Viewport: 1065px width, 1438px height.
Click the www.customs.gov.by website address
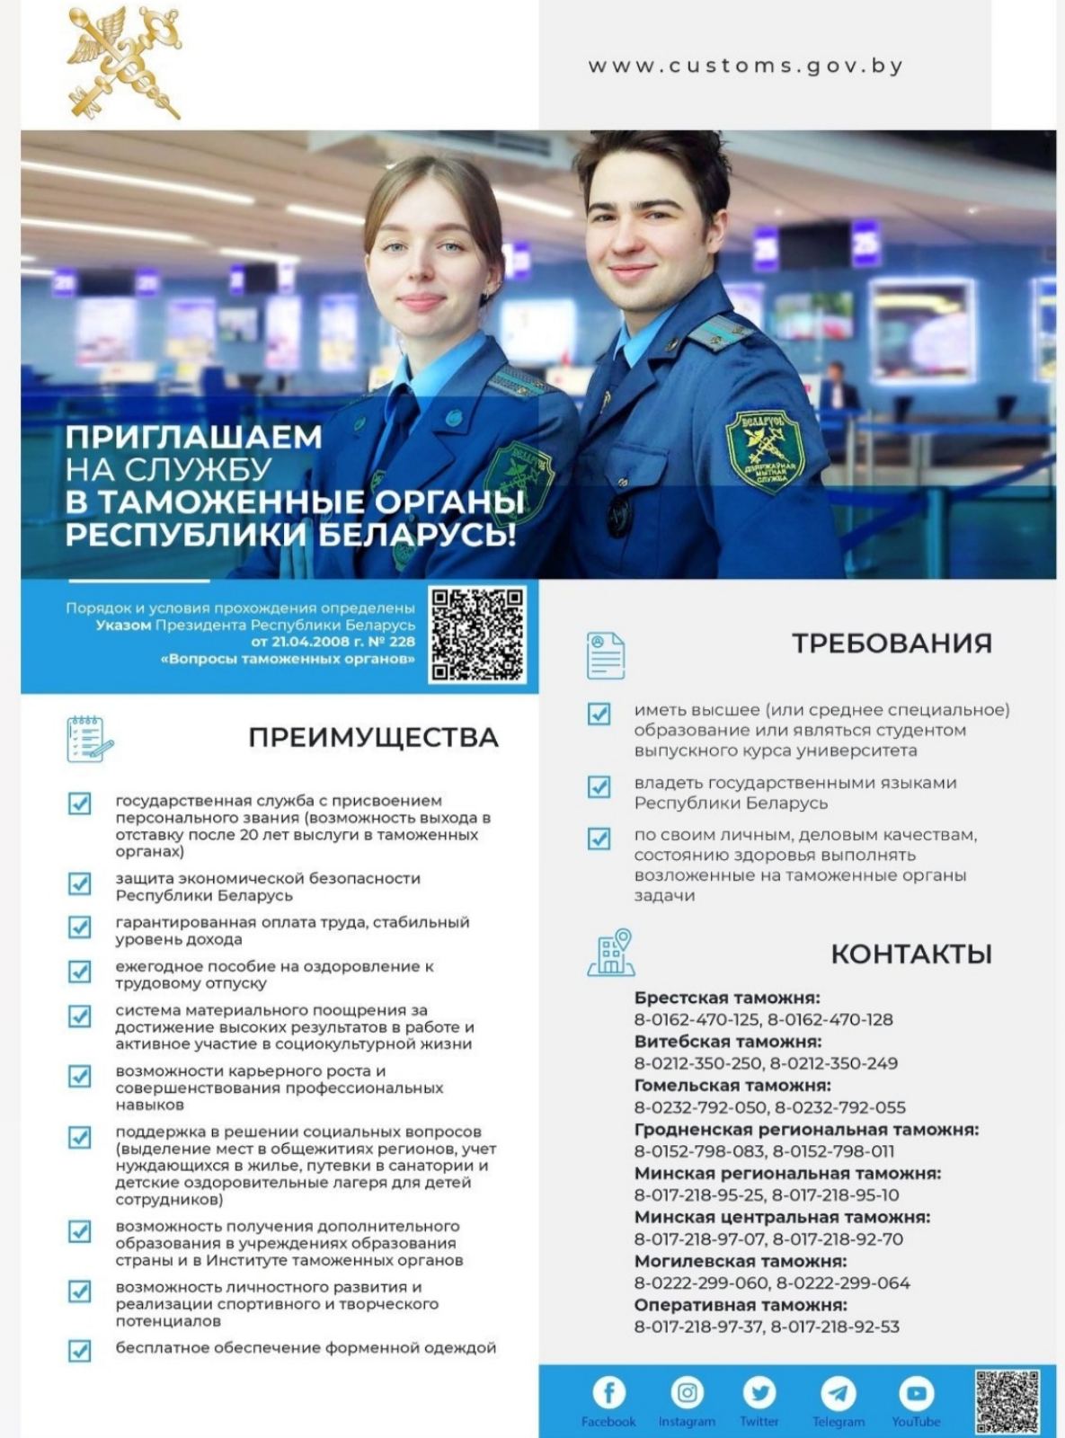tap(745, 67)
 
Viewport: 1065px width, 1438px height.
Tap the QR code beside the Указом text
tap(477, 635)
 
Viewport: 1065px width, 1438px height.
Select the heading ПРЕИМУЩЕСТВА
tap(373, 738)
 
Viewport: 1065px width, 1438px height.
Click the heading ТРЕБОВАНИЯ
tap(892, 644)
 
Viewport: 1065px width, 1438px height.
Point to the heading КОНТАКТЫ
tap(911, 954)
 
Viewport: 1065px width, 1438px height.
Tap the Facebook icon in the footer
tap(608, 1393)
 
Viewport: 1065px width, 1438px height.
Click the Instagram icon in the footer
tap(687, 1393)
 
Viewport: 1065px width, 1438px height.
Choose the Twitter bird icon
tap(759, 1393)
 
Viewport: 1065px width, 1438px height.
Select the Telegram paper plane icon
tap(838, 1393)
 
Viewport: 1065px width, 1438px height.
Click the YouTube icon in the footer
tap(916, 1393)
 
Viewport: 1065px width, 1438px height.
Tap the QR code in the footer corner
tap(1007, 1400)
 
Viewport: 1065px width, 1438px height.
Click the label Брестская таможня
tap(727, 998)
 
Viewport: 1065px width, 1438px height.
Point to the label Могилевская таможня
tap(741, 1261)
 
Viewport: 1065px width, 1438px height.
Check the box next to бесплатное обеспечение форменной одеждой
tap(80, 1350)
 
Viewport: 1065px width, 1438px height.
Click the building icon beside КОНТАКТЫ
tap(611, 953)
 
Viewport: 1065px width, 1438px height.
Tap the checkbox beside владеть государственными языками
tap(599, 786)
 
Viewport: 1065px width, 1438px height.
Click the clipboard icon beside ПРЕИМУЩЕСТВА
tap(89, 739)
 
